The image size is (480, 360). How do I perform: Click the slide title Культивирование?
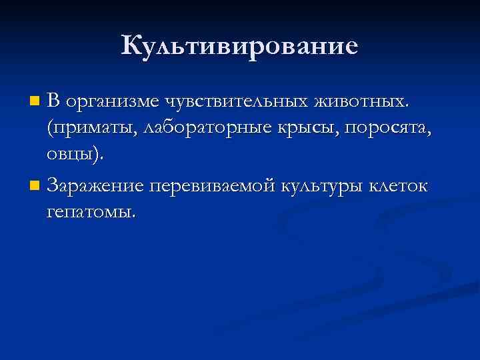click(x=240, y=45)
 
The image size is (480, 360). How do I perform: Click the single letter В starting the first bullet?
click(x=54, y=101)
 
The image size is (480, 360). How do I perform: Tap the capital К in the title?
click(x=132, y=45)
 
